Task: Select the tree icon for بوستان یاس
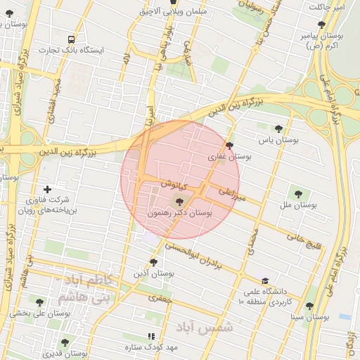click(x=279, y=129)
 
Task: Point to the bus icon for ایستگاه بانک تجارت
click(x=71, y=39)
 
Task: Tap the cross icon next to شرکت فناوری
click(x=47, y=189)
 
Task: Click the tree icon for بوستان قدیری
click(x=65, y=342)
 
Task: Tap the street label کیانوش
click(x=173, y=186)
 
